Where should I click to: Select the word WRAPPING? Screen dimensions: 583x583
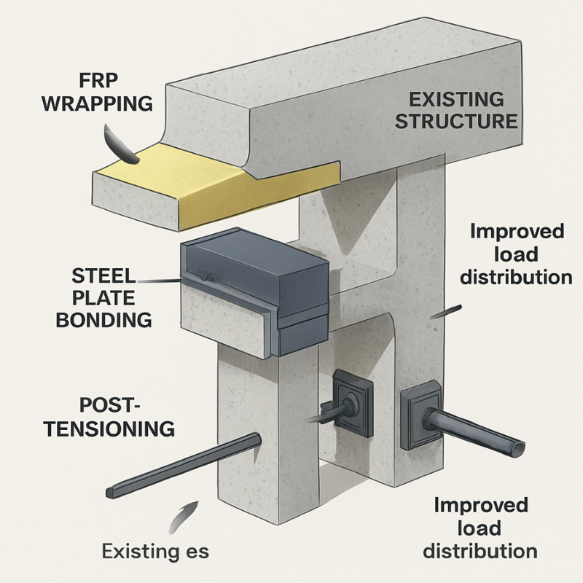coord(97,103)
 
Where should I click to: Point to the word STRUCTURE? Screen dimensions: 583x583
coord(456,120)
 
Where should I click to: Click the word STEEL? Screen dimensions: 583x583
coord(104,275)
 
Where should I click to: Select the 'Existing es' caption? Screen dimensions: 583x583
coord(156,550)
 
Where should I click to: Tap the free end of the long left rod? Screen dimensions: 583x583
coord(111,493)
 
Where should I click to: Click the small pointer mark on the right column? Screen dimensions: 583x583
coord(446,311)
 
